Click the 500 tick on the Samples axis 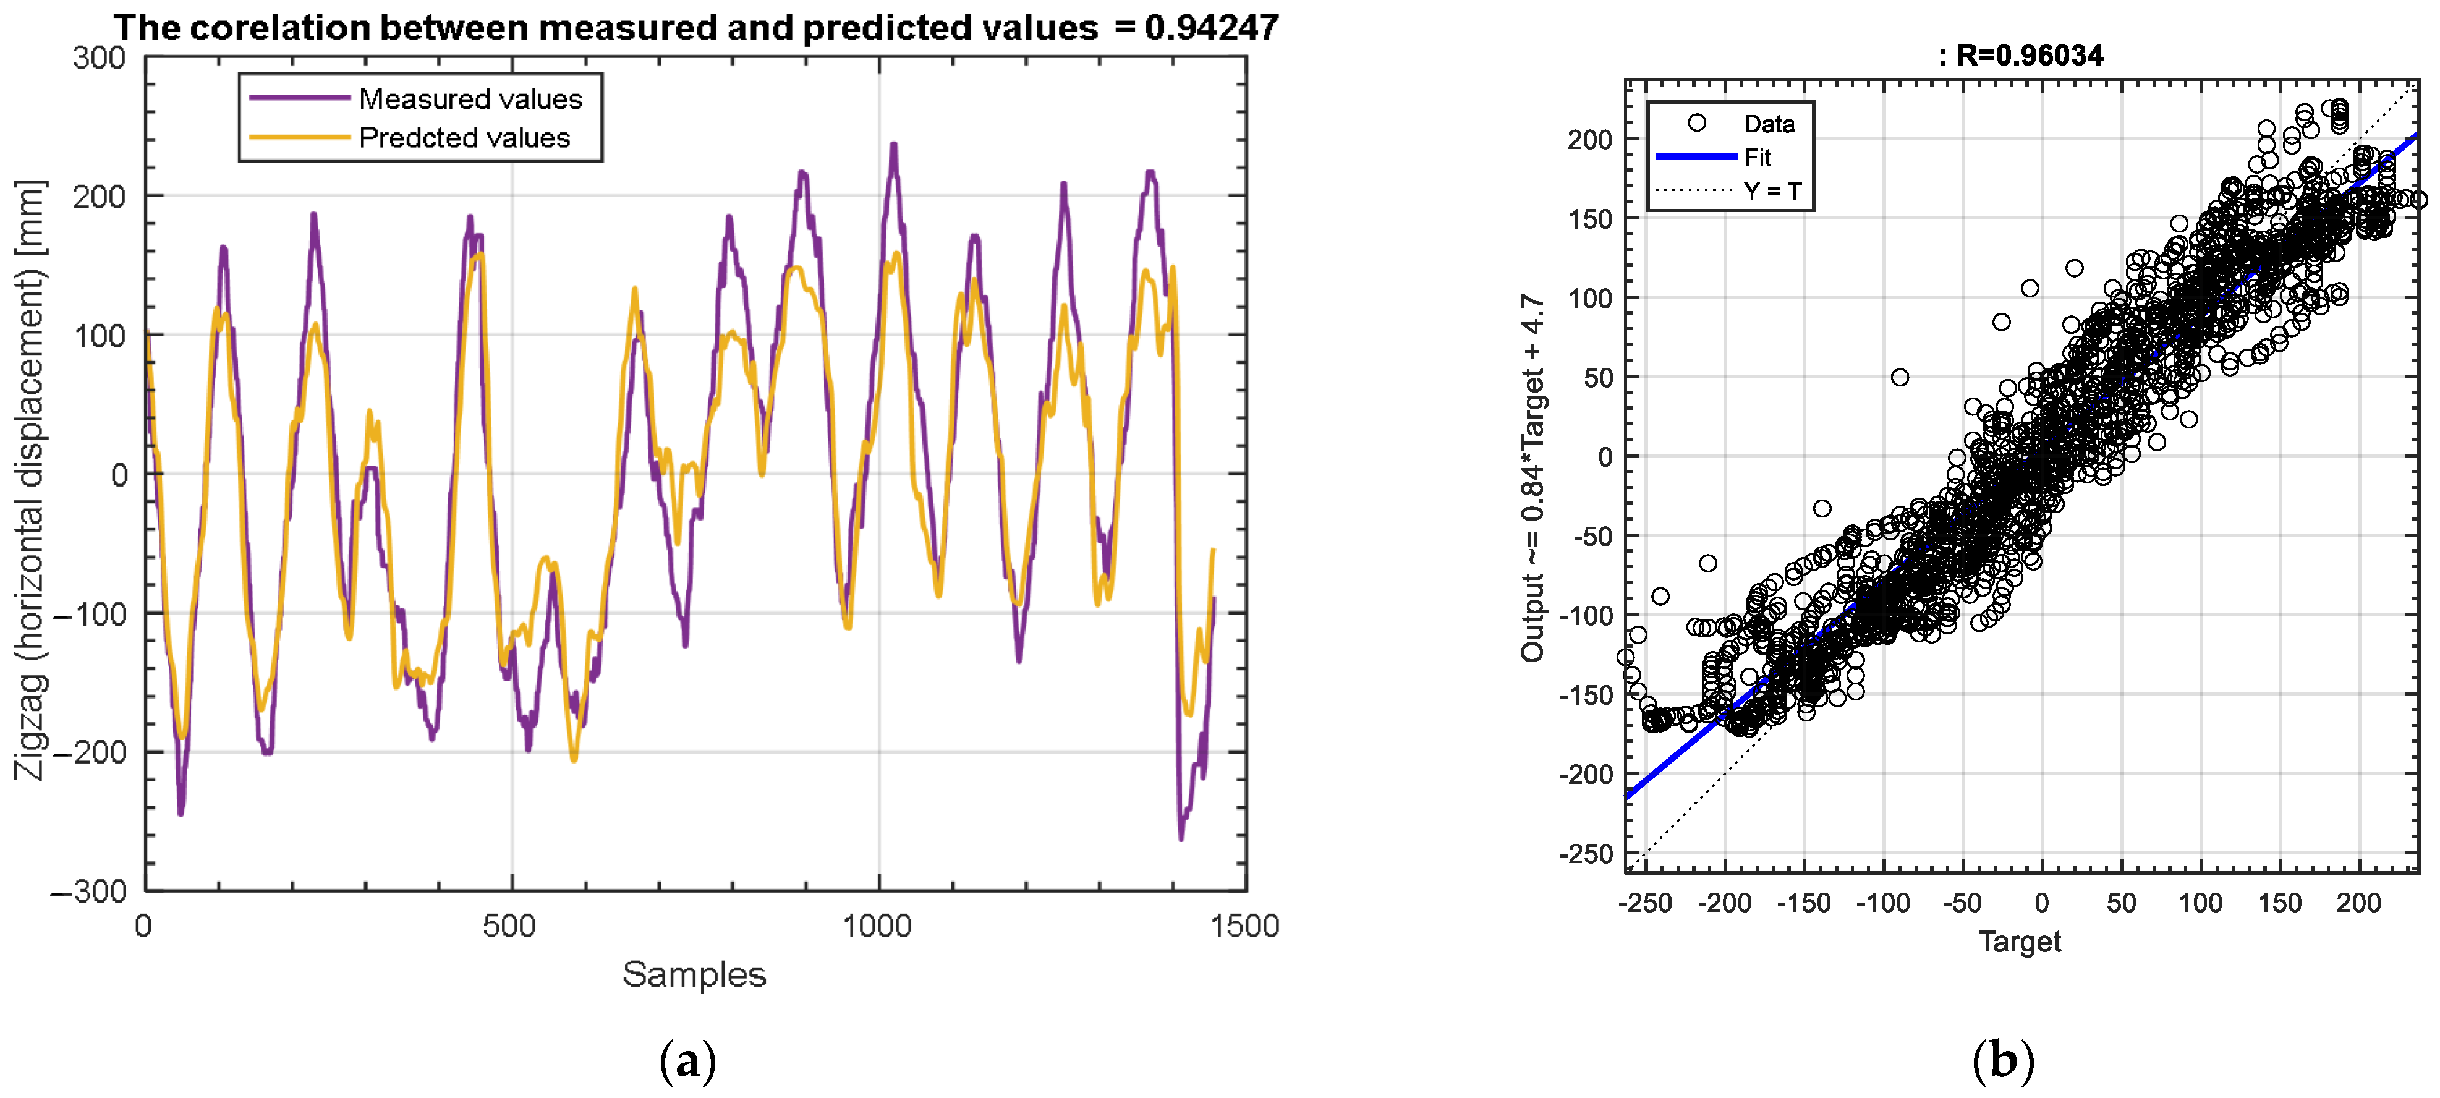[509, 926]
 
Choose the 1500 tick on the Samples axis [1244, 926]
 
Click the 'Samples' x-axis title [694, 974]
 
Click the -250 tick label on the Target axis [1645, 903]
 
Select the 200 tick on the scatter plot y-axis [1589, 139]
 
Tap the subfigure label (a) [687, 1061]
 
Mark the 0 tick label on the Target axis [2042, 903]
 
